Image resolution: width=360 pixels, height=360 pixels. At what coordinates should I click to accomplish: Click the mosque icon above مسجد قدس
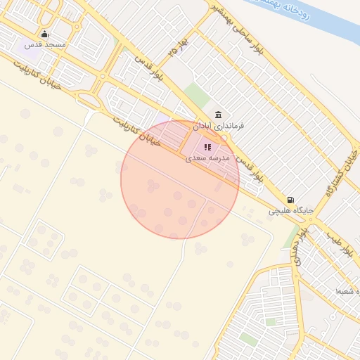[x=45, y=34]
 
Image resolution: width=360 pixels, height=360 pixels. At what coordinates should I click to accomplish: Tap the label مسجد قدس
[x=45, y=45]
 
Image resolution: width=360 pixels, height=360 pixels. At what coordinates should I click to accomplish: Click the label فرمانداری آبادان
[x=219, y=126]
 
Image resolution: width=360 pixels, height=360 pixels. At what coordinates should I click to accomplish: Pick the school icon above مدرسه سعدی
[x=207, y=148]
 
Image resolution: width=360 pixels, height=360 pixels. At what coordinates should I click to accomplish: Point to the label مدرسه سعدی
[x=207, y=158]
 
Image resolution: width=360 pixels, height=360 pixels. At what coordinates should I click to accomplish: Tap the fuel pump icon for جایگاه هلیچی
[x=291, y=200]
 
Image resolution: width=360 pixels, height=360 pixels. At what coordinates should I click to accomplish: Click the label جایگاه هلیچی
[x=290, y=210]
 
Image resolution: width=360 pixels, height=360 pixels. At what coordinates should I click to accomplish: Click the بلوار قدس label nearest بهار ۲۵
[x=150, y=75]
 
